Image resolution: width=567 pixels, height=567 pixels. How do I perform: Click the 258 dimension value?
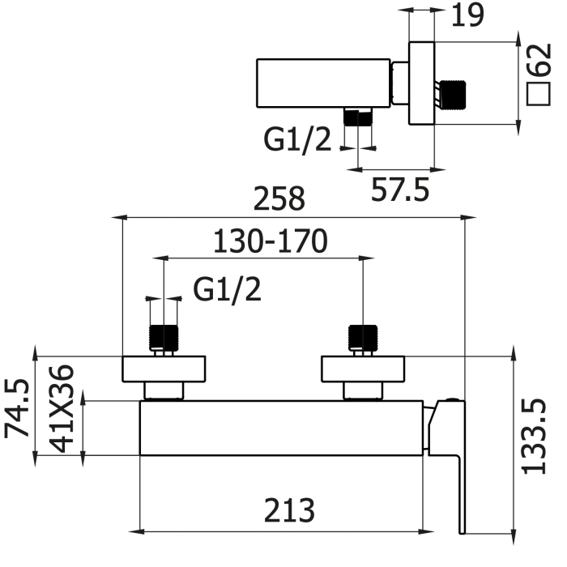[x=279, y=198]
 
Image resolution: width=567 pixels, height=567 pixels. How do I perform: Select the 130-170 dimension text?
[x=271, y=241]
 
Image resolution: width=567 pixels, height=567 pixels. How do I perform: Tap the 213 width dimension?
[x=289, y=510]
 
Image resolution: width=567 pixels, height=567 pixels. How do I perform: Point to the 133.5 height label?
[x=534, y=437]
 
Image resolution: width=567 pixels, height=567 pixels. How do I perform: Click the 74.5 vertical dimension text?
[x=17, y=408]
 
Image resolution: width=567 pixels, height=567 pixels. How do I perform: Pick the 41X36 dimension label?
[x=61, y=408]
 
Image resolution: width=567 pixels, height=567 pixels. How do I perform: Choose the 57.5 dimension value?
[x=400, y=190]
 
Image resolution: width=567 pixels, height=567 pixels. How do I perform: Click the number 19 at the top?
[x=467, y=15]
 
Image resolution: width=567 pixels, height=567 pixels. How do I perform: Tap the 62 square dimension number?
[x=539, y=60]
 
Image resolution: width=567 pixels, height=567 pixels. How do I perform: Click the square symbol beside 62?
[x=539, y=94]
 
